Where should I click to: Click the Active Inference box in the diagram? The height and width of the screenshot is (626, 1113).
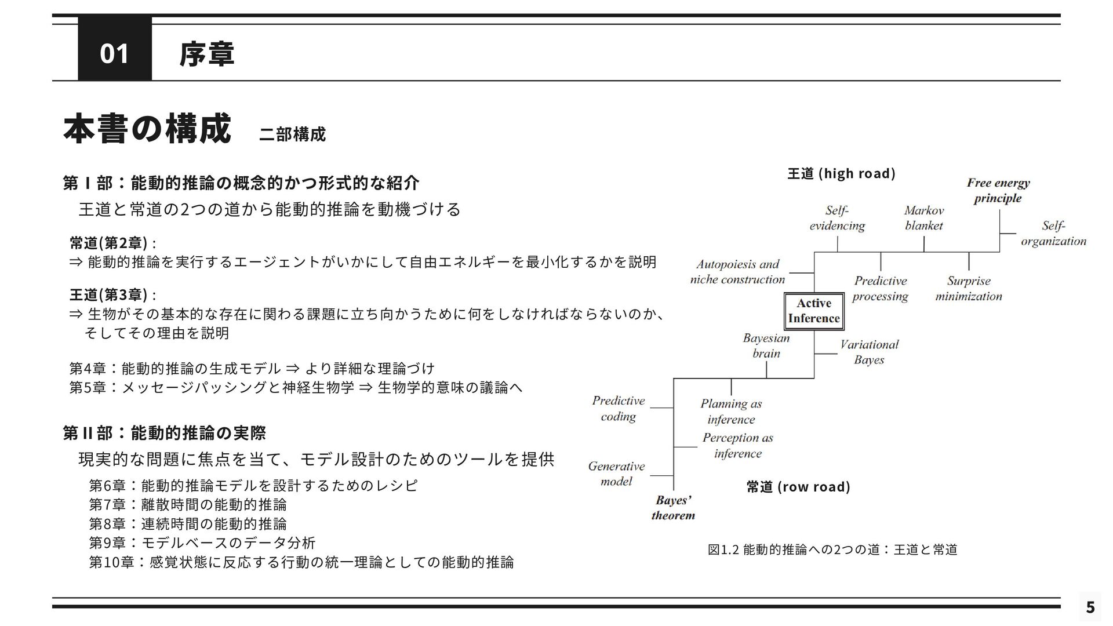pyautogui.click(x=814, y=311)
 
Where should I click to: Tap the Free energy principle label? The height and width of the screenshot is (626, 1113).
pyautogui.click(x=998, y=191)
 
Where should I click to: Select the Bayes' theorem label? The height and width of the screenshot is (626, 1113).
pyautogui.click(x=673, y=508)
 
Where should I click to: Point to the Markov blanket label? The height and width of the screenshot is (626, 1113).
pyautogui.click(x=924, y=218)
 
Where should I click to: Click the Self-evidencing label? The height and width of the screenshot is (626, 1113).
pyautogui.click(x=837, y=218)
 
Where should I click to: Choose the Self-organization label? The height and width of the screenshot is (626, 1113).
pyautogui.click(x=1053, y=233)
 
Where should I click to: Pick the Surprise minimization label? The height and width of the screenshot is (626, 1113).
pyautogui.click(x=968, y=289)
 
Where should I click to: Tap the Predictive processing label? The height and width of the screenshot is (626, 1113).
pyautogui.click(x=880, y=289)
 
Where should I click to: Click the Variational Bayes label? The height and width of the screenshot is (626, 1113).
pyautogui.click(x=869, y=352)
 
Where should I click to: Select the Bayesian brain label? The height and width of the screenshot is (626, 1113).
pyautogui.click(x=766, y=345)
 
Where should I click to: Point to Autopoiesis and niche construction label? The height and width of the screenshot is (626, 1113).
pyautogui.click(x=737, y=272)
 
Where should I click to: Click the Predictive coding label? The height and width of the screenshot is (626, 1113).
pyautogui.click(x=618, y=408)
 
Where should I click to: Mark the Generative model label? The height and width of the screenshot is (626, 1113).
pyautogui.click(x=616, y=474)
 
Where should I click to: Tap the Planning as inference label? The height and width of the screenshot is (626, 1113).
pyautogui.click(x=731, y=412)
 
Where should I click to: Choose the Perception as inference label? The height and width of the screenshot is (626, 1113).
pyautogui.click(x=737, y=445)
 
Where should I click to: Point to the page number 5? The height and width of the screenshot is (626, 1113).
pyautogui.click(x=1090, y=607)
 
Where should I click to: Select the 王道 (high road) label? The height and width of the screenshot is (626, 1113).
pyautogui.click(x=841, y=173)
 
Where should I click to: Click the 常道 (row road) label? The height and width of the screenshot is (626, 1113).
pyautogui.click(x=798, y=486)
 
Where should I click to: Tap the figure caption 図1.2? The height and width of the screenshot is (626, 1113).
pyautogui.click(x=832, y=549)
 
